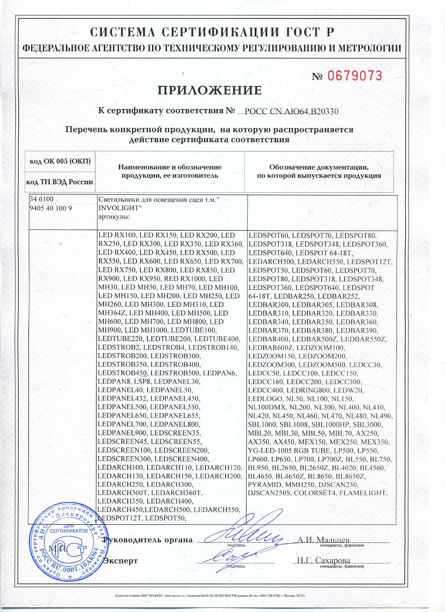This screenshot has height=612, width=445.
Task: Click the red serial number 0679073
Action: pos(354,76)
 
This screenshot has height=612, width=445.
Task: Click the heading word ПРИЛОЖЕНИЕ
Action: pos(210,90)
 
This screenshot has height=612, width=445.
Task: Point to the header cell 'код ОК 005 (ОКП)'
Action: pos(59,162)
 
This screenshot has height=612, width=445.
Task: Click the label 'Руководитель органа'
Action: pos(148,540)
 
